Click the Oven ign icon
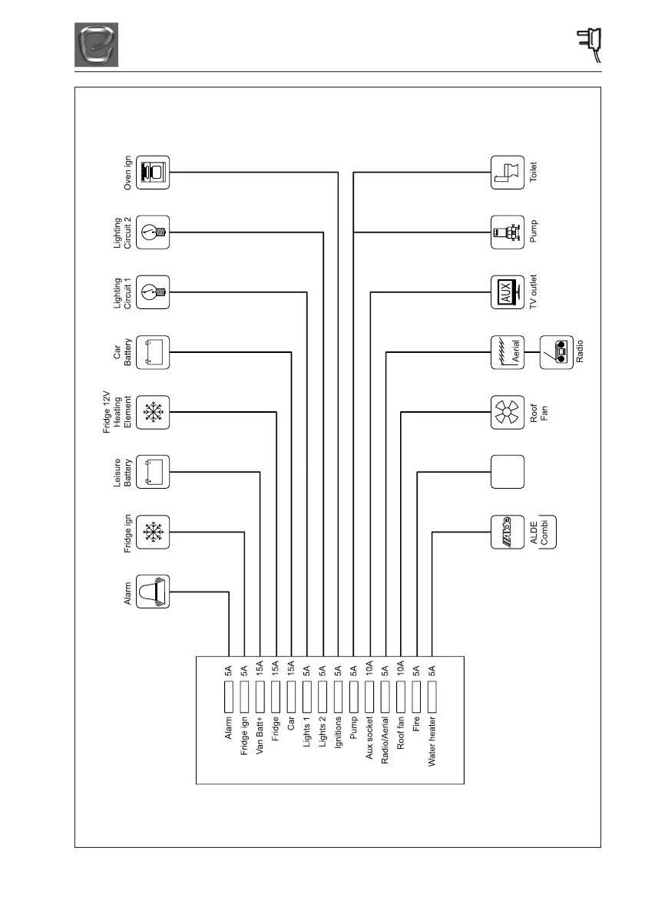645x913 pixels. click(x=154, y=173)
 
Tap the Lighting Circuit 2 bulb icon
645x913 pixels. click(x=154, y=232)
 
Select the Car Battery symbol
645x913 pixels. click(x=154, y=352)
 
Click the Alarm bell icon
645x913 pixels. click(x=154, y=592)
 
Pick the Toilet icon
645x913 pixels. click(x=508, y=173)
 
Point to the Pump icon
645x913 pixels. click(x=508, y=232)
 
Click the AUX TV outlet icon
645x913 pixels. click(x=508, y=292)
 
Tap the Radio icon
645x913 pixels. click(x=557, y=352)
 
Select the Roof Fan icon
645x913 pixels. click(x=508, y=412)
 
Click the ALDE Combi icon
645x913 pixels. click(x=508, y=532)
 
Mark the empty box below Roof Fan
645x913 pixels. click(x=508, y=472)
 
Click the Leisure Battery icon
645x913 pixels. click(x=154, y=472)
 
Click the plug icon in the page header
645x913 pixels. click(x=590, y=44)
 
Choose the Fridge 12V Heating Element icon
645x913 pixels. click(x=154, y=412)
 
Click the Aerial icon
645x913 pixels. click(x=508, y=352)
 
